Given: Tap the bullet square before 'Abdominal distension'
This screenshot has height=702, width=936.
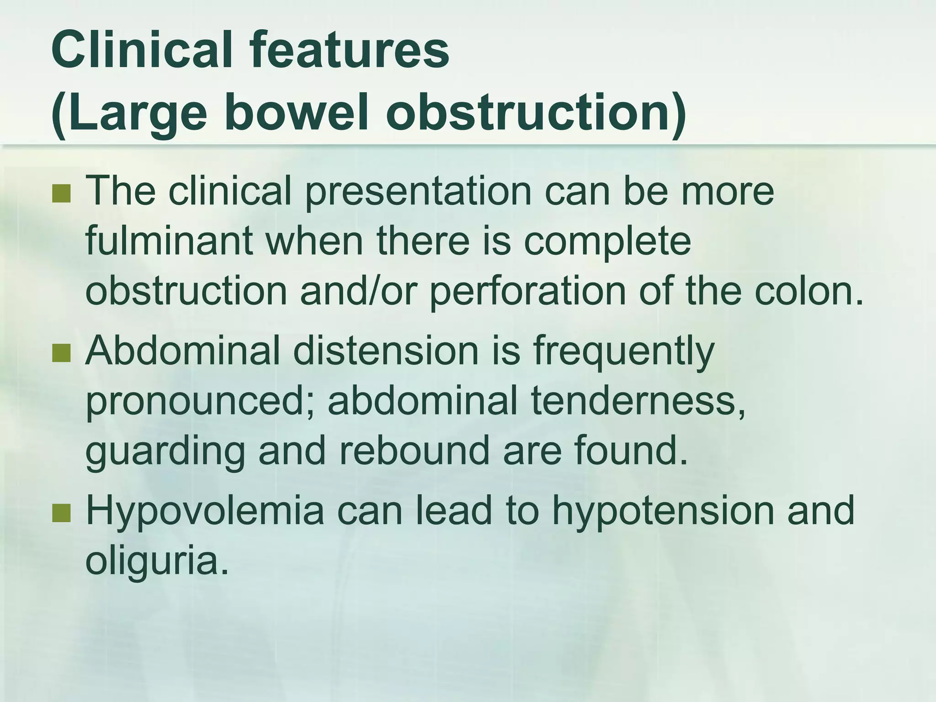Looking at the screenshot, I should coord(61,353).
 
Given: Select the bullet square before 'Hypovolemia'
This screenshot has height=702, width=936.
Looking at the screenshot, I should coord(61,513).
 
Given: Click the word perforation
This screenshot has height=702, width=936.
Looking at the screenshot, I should coord(527,292).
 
